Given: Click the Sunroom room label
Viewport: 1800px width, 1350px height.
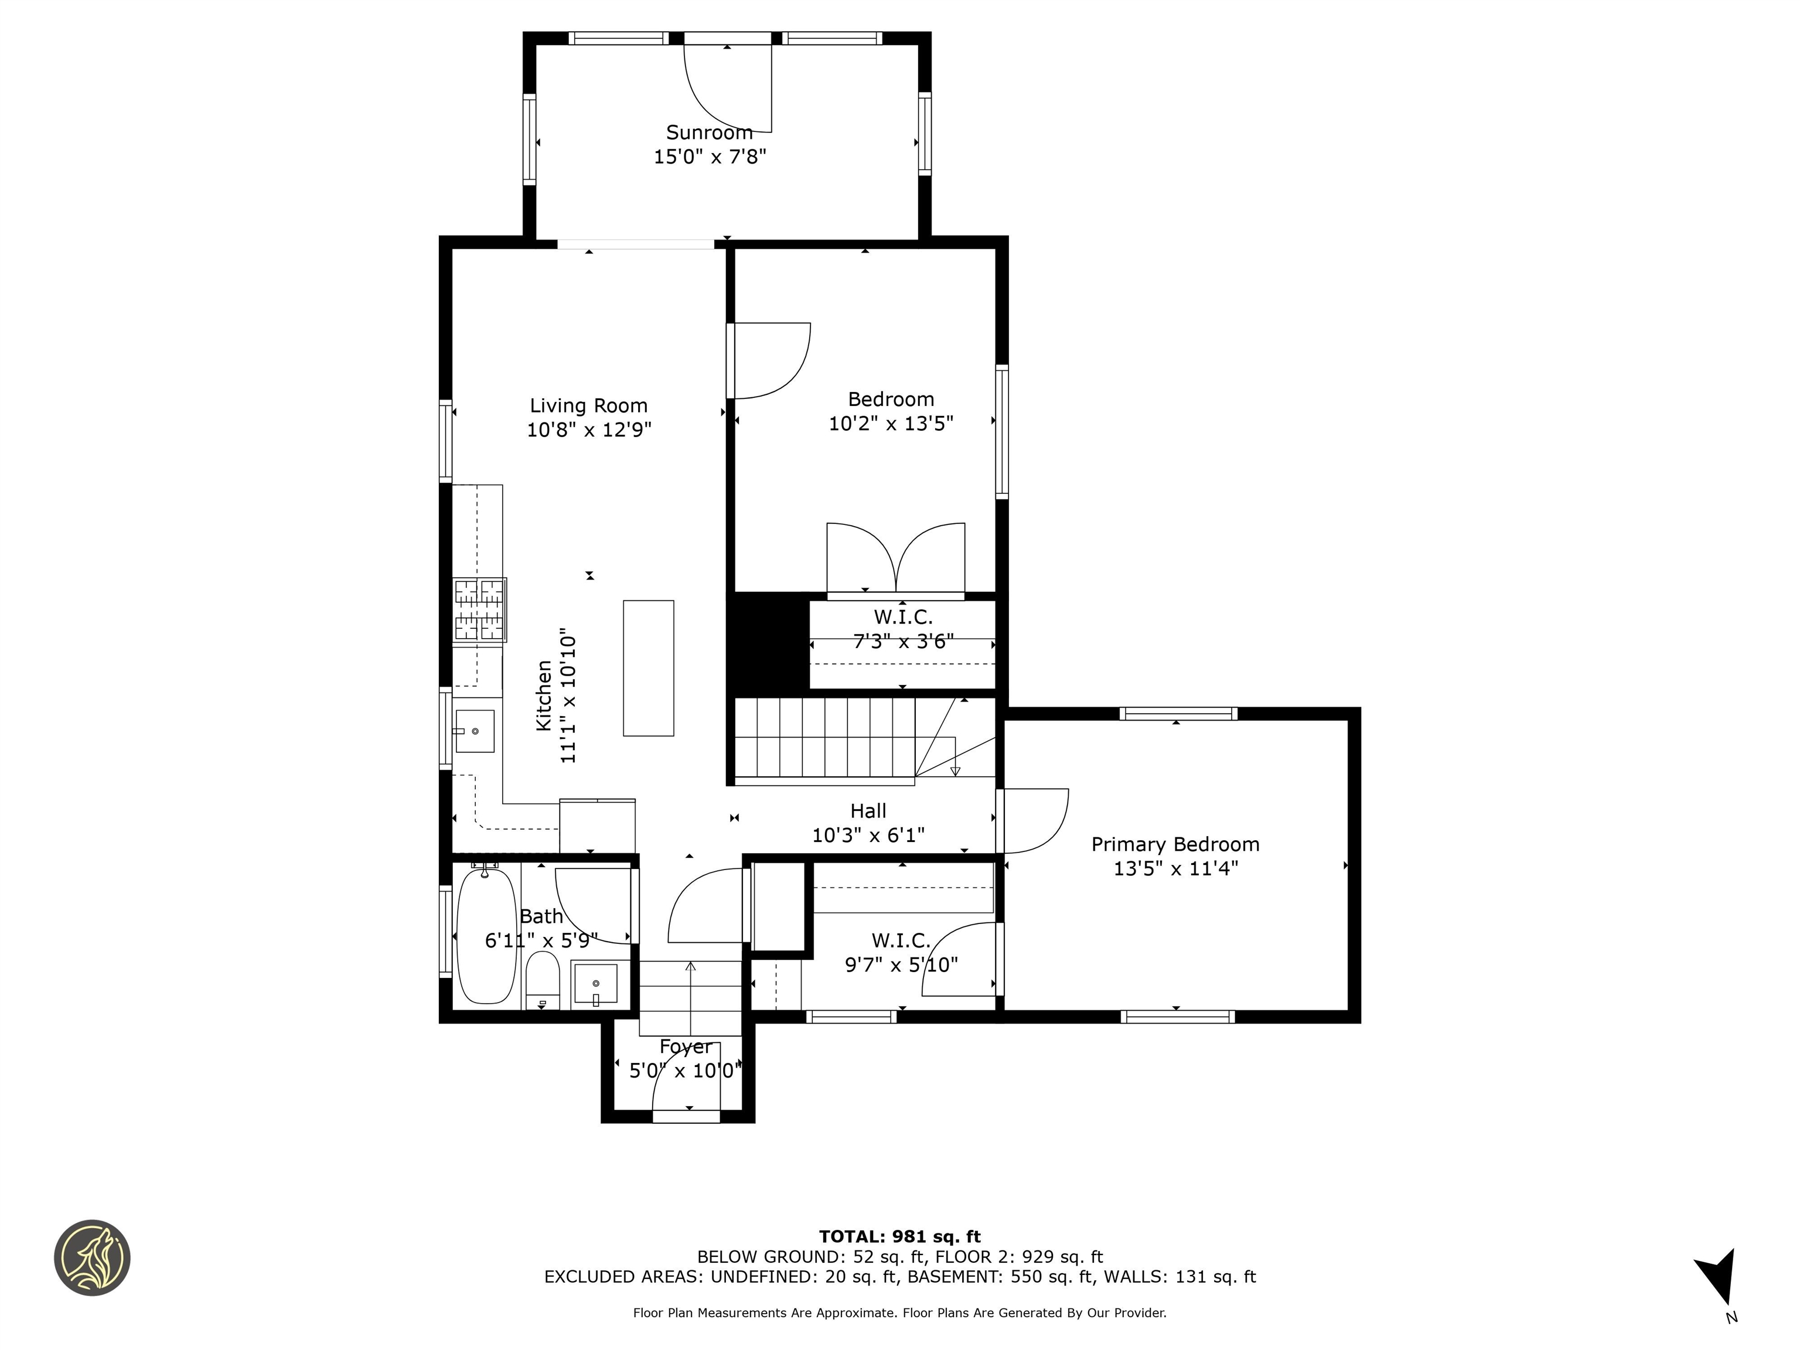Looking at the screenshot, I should point(709,132).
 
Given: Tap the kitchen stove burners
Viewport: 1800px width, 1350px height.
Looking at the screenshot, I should point(479,609).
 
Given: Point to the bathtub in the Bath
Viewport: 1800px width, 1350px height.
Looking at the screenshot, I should point(486,936).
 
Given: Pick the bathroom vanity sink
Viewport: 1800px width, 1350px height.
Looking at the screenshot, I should point(596,984).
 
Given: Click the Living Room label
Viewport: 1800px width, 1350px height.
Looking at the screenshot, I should point(588,405).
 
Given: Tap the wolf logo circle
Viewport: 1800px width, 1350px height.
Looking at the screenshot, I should point(92,1257).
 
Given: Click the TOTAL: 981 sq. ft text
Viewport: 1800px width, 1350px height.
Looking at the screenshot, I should point(899,1237).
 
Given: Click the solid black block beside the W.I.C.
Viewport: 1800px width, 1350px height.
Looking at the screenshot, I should point(766,643).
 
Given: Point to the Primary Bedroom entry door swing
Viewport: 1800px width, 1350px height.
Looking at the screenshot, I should point(1034,822).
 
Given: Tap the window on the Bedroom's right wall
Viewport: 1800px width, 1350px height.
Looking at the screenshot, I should point(1002,431).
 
